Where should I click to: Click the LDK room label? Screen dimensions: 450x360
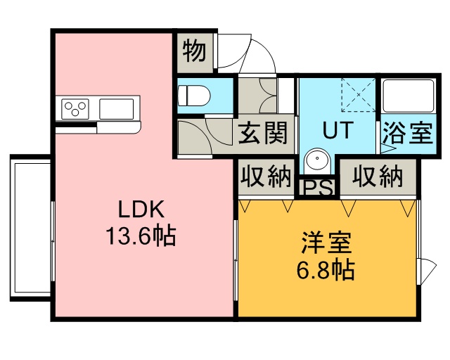point(141,209)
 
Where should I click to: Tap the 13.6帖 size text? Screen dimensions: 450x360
point(141,236)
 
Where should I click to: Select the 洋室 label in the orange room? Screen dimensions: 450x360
point(326,243)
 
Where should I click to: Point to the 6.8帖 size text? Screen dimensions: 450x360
point(326,270)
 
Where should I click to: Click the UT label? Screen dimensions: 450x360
point(337,130)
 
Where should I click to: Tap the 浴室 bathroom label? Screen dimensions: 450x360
point(408,133)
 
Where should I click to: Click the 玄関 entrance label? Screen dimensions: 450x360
point(263,133)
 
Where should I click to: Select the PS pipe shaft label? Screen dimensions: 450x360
point(318,188)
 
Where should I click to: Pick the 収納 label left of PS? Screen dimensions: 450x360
point(266,176)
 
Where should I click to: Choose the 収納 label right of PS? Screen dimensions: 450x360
point(378,176)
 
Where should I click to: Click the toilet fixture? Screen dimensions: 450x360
point(194,96)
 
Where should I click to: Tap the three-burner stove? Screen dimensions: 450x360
point(75,109)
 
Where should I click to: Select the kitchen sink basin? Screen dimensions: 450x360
point(117,109)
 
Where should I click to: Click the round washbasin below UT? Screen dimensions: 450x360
point(317,160)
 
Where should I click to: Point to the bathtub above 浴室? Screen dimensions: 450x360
point(409,96)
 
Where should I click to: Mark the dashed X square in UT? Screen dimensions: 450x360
point(358,94)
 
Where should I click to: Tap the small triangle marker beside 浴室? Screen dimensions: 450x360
point(387,148)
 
